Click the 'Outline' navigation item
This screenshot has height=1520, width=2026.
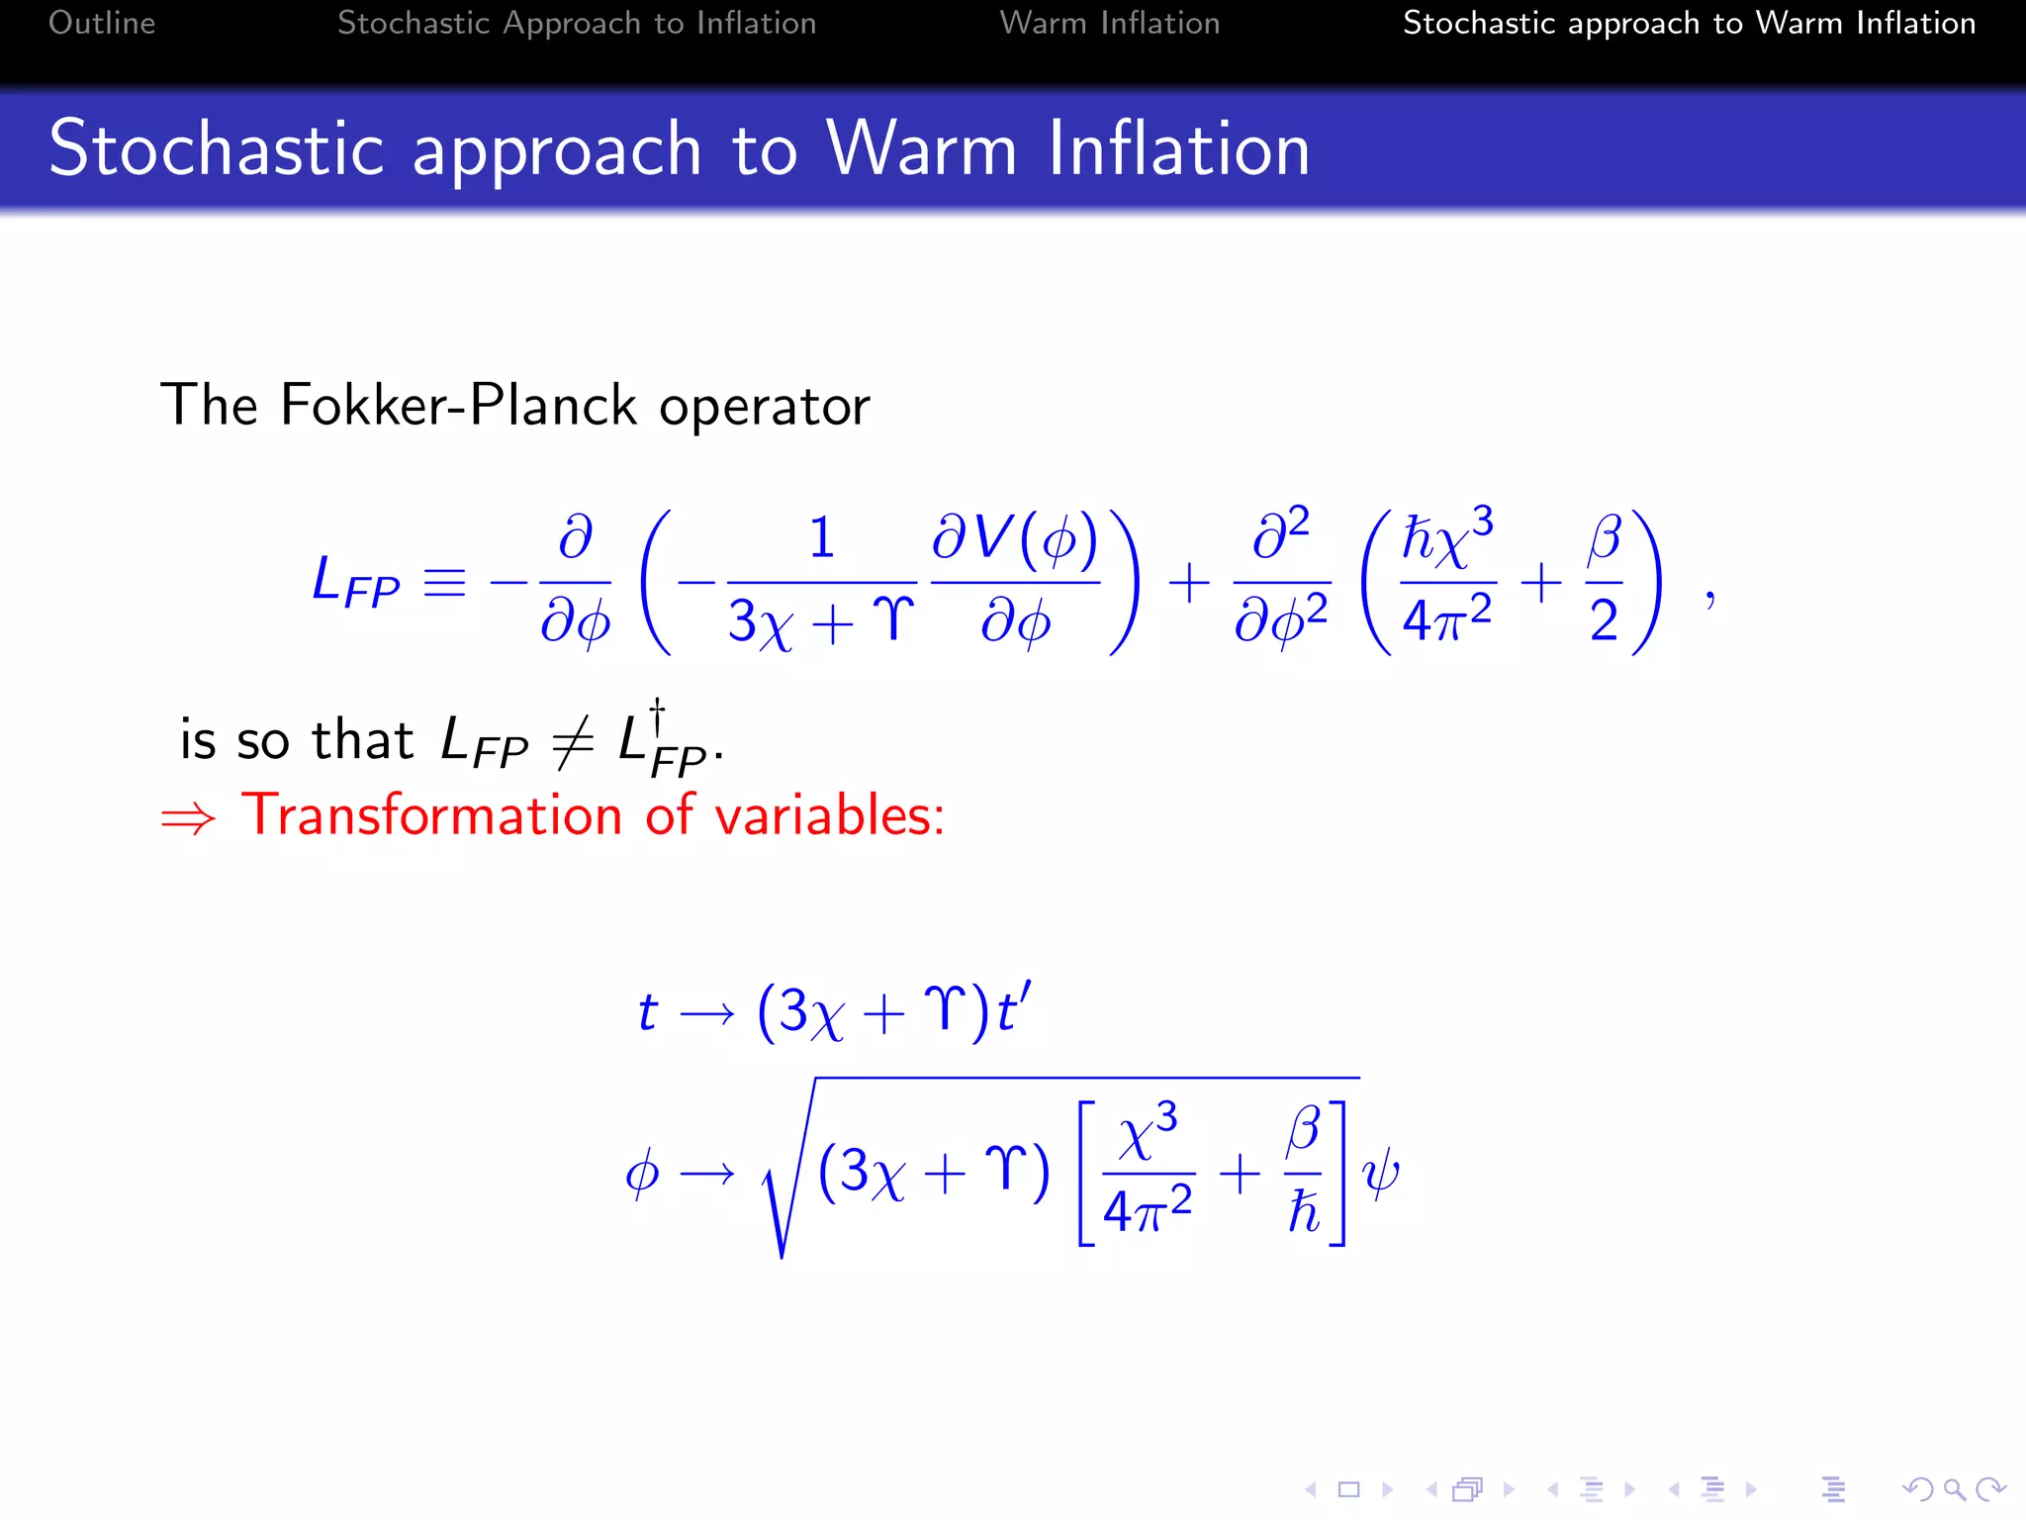(x=102, y=23)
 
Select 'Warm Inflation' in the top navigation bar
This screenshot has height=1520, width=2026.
(x=1109, y=23)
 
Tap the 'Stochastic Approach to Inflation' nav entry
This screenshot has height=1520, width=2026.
(x=577, y=23)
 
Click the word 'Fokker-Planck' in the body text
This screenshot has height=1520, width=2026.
(x=458, y=405)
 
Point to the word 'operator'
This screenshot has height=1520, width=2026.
(x=765, y=407)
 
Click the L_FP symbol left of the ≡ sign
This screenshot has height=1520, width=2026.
(x=354, y=582)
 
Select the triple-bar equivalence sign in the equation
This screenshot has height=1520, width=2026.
(x=444, y=582)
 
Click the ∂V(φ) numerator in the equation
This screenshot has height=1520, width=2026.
(x=1015, y=539)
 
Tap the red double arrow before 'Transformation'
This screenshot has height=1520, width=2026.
(x=188, y=818)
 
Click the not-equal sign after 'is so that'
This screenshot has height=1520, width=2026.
(x=573, y=742)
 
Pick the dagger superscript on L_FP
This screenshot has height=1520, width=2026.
(x=657, y=714)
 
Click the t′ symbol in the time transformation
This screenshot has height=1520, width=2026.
(x=1013, y=1009)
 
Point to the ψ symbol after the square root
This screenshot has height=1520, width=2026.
(x=1381, y=1174)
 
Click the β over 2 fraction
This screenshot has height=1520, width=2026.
(x=1604, y=582)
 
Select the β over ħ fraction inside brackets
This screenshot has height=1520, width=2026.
(x=1304, y=1173)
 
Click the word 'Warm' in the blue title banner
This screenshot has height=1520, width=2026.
(x=921, y=148)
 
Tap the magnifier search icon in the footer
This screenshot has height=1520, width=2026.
(x=1954, y=1489)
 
